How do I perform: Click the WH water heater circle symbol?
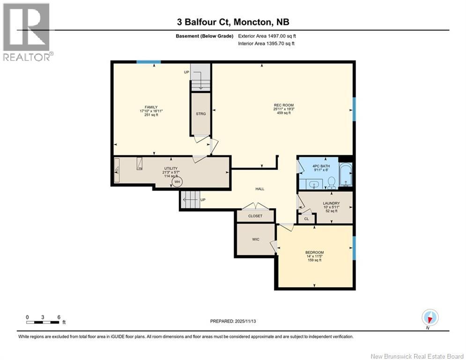[177, 182]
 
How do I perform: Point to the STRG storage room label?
[200, 113]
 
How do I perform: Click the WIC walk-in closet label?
[255, 239]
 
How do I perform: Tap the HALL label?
[260, 189]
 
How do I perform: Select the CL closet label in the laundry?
[306, 218]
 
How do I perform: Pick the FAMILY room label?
[151, 107]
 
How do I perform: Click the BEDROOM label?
[314, 253]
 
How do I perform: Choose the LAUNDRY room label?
[331, 203]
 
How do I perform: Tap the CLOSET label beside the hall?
[255, 216]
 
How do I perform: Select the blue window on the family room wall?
[148, 62]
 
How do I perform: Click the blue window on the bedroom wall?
[354, 246]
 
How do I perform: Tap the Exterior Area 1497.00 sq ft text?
[267, 36]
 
